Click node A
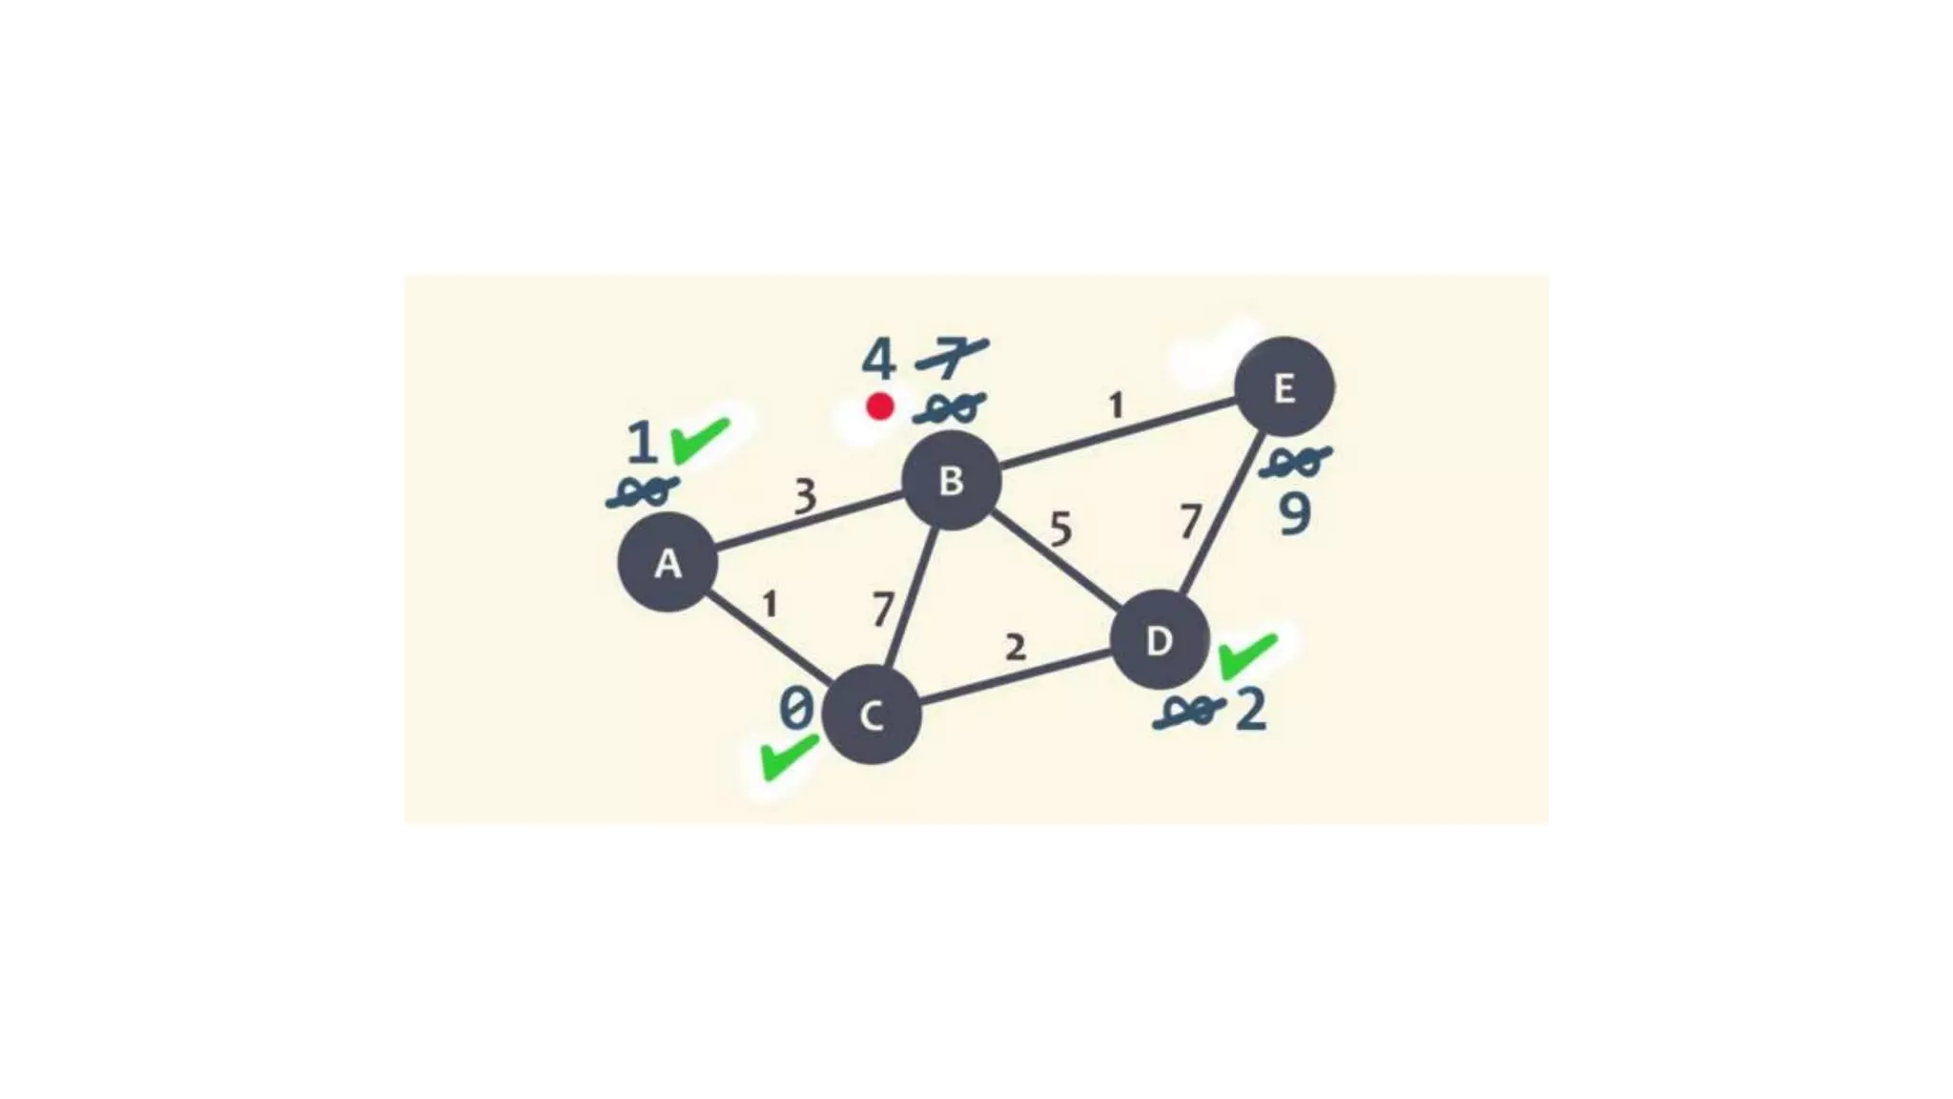668,562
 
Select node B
951,480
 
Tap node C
871,715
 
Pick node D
1160,640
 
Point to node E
1284,387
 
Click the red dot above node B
879,407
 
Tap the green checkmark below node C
788,757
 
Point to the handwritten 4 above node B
878,361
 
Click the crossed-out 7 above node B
951,359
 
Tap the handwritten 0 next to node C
796,709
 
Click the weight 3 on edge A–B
806,496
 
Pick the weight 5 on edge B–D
1060,529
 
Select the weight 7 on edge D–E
1189,522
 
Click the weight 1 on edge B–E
1116,405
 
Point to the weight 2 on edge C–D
1016,648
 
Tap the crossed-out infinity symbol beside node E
1294,463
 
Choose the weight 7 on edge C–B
883,609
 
